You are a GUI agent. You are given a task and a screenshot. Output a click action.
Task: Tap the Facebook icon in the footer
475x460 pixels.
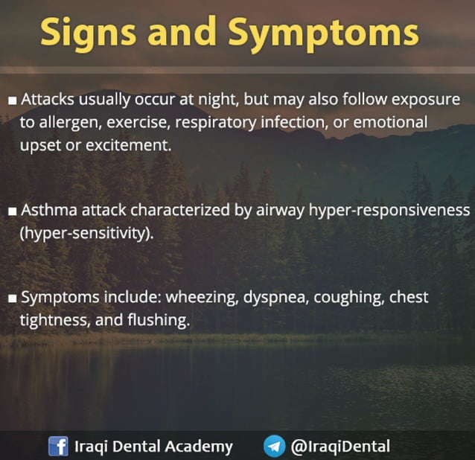click(x=58, y=446)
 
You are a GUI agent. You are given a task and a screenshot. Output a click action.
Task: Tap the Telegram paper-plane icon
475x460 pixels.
click(x=274, y=446)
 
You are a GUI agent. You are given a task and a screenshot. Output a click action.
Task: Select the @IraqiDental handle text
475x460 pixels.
click(x=339, y=446)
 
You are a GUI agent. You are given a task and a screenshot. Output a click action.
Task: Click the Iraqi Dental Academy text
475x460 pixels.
click(x=153, y=446)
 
